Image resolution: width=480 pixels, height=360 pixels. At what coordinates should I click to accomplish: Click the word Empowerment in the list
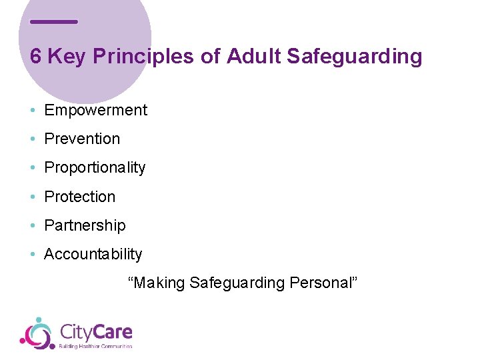point(95,110)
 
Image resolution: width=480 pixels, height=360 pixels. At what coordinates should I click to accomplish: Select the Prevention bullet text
point(82,139)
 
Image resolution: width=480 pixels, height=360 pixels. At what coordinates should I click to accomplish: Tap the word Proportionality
point(95,168)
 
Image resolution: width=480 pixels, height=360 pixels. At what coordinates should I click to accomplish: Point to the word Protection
point(79,197)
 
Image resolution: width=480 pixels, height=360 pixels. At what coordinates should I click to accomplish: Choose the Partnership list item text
point(85,225)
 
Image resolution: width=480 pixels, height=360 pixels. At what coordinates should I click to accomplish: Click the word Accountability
point(93,254)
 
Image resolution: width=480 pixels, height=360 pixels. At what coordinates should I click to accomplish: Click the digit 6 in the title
point(36,57)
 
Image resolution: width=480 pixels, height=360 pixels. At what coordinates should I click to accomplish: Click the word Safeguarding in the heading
point(355,57)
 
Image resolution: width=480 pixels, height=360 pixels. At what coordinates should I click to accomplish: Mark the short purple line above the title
point(54,22)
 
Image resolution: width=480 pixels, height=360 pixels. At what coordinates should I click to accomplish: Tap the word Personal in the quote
point(323,283)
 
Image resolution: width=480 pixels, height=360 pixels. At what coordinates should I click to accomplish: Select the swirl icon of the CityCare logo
point(37,333)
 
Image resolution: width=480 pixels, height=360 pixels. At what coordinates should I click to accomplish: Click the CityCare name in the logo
point(96,331)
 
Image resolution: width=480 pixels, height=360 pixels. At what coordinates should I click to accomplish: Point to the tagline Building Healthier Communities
point(96,346)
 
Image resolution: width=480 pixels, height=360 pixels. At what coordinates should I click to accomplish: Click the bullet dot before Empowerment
point(33,111)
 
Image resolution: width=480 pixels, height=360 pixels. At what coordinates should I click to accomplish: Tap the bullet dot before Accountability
point(33,255)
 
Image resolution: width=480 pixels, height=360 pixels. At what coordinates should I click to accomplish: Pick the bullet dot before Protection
point(33,197)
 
